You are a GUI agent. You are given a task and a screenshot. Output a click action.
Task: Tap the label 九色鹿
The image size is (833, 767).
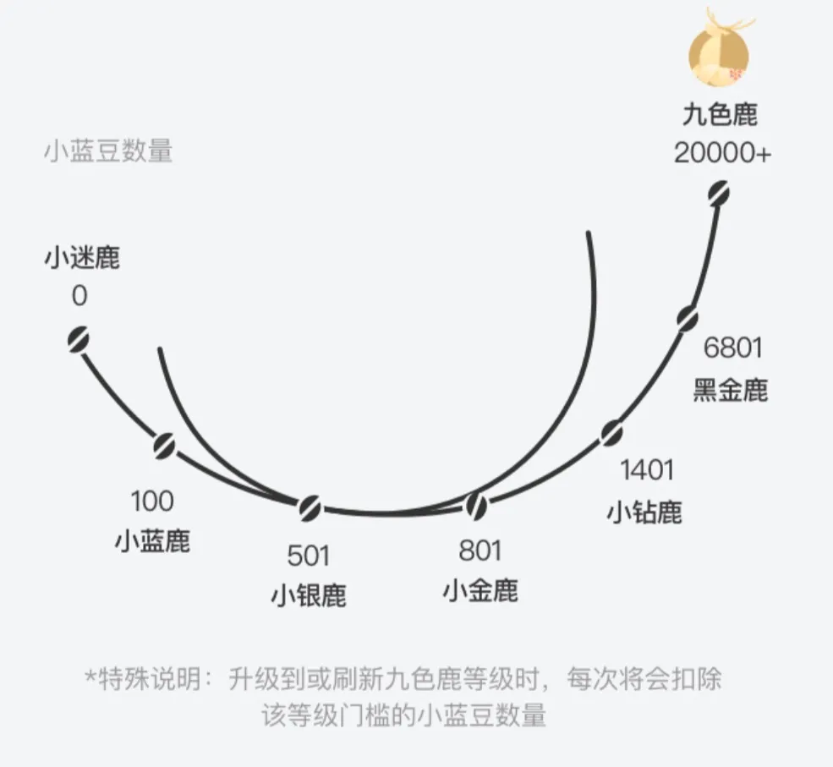[720, 115]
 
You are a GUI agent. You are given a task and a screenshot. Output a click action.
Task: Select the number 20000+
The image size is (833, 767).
[722, 153]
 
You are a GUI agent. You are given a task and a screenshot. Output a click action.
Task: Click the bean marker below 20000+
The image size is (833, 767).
[718, 194]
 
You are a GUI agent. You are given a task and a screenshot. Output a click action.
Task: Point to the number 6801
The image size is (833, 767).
[732, 348]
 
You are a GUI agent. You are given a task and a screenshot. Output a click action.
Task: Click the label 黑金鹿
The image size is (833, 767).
[731, 390]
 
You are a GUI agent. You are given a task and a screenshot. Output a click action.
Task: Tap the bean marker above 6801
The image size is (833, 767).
[688, 319]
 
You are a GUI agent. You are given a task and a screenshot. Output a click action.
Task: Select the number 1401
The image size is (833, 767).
[647, 470]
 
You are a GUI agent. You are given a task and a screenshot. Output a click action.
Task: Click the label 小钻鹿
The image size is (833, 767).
[644, 512]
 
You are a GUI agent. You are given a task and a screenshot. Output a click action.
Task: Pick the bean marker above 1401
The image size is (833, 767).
[611, 433]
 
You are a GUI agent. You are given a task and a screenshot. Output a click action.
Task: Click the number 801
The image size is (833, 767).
[480, 551]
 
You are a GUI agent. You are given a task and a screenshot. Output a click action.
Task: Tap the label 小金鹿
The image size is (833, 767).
[480, 590]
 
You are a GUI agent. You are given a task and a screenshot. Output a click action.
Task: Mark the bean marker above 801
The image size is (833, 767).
[476, 505]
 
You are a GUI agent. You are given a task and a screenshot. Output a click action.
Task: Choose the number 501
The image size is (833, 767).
[308, 556]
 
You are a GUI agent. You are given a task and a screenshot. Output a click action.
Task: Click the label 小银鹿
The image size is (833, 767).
[309, 596]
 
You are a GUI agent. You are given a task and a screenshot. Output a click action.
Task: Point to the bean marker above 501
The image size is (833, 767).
[310, 508]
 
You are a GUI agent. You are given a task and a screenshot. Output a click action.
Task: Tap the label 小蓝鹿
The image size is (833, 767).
[152, 542]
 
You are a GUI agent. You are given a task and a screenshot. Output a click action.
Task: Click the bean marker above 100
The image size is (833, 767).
[164, 446]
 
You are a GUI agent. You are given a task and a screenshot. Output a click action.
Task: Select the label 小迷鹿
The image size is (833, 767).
[82, 258]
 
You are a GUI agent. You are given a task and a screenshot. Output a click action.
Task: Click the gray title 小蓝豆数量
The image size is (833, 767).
[108, 151]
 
